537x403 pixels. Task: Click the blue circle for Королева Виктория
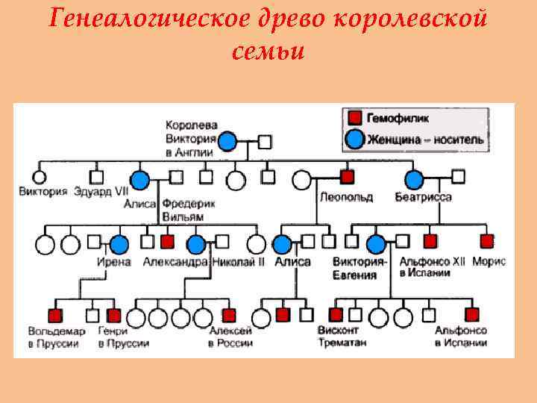(x=228, y=140)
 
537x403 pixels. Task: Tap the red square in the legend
(x=355, y=118)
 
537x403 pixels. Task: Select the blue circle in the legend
(x=355, y=139)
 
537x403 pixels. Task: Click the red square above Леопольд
(x=347, y=177)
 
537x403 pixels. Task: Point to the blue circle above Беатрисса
(x=414, y=178)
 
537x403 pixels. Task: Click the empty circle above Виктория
(x=38, y=178)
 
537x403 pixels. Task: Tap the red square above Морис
(x=486, y=241)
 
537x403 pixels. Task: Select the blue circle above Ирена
(x=119, y=243)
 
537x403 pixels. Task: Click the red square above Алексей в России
(x=229, y=315)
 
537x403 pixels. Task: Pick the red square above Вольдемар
(x=54, y=315)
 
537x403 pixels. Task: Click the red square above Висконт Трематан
(x=336, y=314)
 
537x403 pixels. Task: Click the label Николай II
(x=239, y=263)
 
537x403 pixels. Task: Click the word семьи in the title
(x=268, y=51)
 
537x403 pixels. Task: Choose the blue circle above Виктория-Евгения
(x=377, y=243)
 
